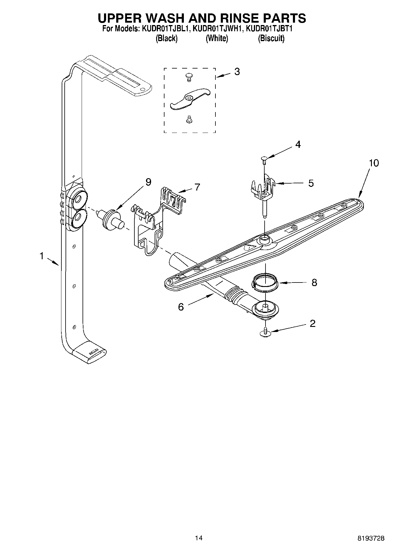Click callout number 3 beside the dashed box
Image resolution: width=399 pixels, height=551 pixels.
[x=237, y=72]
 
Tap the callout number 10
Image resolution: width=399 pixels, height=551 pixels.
[x=374, y=163]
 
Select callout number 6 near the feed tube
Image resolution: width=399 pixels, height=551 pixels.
[x=181, y=307]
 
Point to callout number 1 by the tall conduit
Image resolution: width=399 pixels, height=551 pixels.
[x=42, y=256]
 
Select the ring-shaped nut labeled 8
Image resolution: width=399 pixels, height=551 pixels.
[x=265, y=282]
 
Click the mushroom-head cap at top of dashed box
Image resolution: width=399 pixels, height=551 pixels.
[x=188, y=76]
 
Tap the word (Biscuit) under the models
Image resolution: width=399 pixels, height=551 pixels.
[x=271, y=38]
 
